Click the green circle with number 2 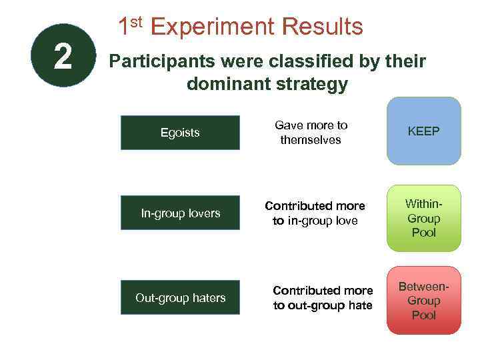63,56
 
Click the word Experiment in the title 213,27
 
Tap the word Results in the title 322,27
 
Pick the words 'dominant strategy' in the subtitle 267,84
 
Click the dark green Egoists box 180,133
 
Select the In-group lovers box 180,213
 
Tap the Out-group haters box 180,297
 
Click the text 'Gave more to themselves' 311,133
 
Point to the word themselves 311,140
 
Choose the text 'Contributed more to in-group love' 315,213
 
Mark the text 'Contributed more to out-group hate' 323,298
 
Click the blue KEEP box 423,131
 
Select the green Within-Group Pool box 423,218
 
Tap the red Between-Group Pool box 423,301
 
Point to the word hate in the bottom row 359,305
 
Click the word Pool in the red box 423,315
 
